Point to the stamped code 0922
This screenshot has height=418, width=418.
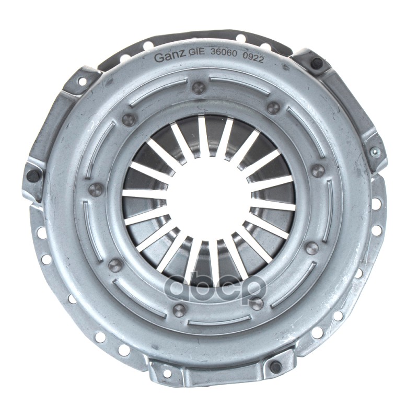point(253,59)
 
